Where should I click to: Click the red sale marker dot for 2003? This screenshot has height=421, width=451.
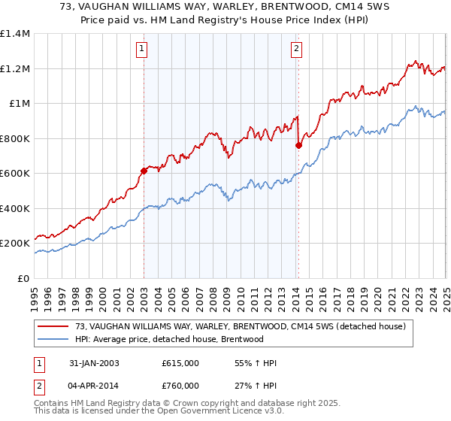(x=144, y=171)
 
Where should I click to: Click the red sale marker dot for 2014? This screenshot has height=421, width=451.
(x=298, y=145)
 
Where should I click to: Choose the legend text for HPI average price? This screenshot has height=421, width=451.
(x=169, y=339)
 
